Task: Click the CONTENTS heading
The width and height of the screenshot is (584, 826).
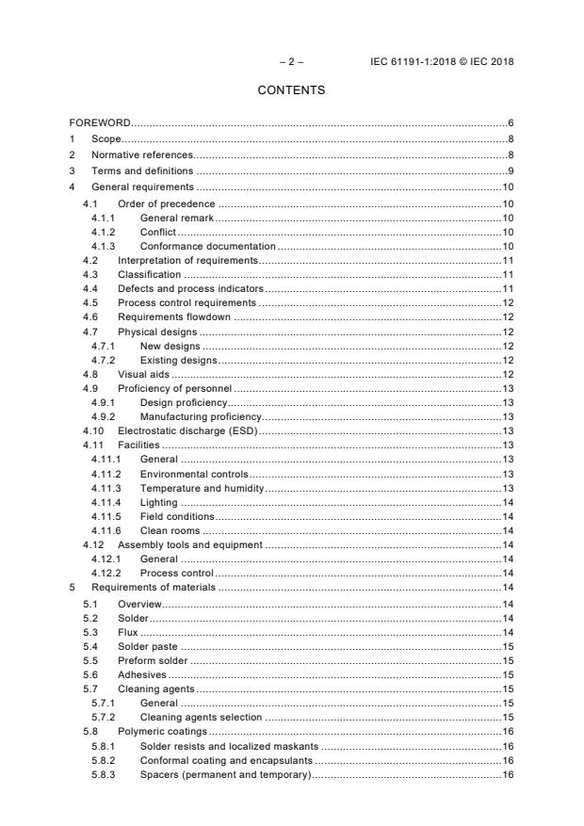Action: (291, 90)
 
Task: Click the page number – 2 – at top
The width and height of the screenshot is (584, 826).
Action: (291, 62)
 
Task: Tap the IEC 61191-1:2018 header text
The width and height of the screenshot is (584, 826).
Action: (442, 62)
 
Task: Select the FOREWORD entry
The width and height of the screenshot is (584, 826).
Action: (100, 123)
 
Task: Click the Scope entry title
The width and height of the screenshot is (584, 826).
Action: (106, 139)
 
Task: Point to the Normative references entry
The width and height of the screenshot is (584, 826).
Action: (141, 154)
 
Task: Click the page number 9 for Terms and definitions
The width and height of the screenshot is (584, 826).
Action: (510, 170)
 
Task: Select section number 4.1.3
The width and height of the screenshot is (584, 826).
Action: (104, 245)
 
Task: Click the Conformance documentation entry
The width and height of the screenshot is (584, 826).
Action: (207, 245)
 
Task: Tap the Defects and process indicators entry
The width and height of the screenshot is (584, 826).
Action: (190, 287)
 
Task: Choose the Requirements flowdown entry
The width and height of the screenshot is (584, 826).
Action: (174, 318)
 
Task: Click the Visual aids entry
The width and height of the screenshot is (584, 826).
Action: (143, 374)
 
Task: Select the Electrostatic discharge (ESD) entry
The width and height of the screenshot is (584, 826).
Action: (187, 430)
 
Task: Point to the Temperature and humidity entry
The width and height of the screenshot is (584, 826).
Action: (202, 488)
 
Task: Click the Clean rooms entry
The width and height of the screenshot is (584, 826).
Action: (170, 530)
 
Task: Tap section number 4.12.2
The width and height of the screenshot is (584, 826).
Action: (106, 573)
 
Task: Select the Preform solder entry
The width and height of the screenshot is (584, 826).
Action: (153, 661)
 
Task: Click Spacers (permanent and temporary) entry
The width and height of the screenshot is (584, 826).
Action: (224, 774)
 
